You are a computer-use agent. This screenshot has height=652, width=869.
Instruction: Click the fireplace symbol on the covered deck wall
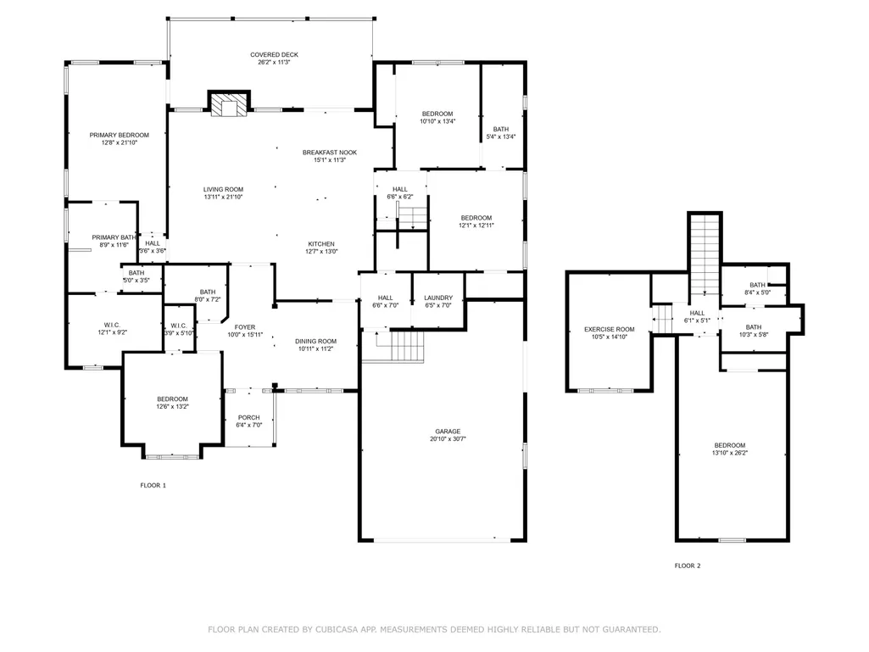(229, 104)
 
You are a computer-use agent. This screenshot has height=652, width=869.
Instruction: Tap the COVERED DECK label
(275, 55)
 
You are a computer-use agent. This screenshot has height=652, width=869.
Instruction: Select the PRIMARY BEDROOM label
(120, 136)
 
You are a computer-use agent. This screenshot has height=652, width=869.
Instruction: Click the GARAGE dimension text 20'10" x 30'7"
(448, 439)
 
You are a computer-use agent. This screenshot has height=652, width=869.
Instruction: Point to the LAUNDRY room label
(438, 298)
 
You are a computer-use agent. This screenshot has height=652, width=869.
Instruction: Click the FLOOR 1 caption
(153, 486)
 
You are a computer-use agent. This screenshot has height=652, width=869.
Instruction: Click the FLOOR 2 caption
(688, 566)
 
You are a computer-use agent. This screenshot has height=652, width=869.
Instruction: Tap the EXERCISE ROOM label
(610, 329)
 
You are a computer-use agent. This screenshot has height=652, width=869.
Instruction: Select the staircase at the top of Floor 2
(705, 255)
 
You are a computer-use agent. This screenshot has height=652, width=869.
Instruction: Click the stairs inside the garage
(408, 346)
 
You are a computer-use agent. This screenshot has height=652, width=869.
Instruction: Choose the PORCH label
(249, 418)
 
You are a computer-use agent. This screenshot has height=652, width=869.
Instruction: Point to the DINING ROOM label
(316, 342)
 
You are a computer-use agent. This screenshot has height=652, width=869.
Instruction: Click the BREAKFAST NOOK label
(330, 153)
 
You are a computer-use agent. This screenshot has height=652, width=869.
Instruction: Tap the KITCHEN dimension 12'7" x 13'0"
(321, 252)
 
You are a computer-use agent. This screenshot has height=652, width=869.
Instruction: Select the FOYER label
(245, 327)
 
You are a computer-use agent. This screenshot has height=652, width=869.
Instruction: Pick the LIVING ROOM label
(223, 190)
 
